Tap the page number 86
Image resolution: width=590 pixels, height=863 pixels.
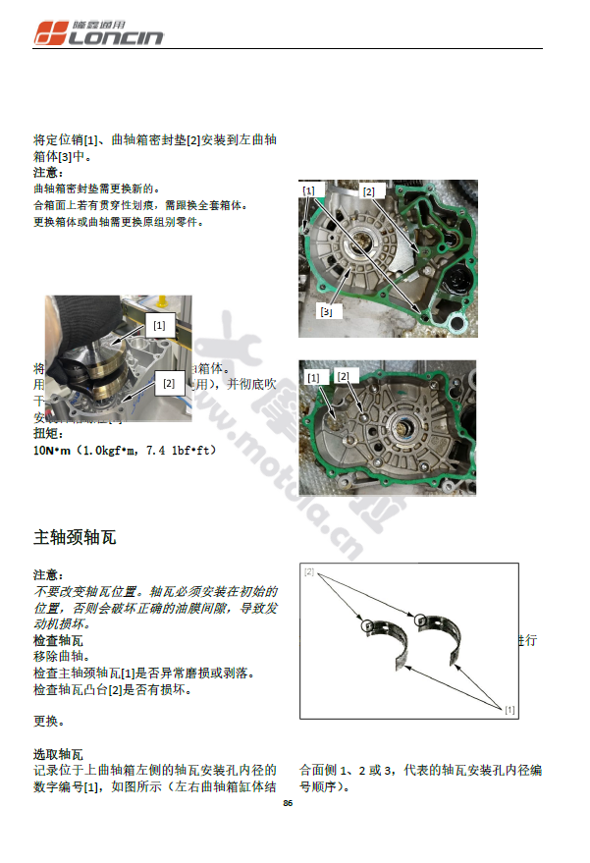(x=288, y=803)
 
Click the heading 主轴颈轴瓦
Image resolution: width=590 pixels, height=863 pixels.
(x=76, y=537)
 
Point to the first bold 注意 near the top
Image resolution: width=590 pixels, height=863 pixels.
(x=48, y=172)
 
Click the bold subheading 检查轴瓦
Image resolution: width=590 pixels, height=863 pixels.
(x=58, y=640)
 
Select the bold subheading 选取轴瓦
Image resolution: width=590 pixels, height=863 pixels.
(x=58, y=754)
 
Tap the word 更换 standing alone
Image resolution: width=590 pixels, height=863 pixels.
(x=48, y=722)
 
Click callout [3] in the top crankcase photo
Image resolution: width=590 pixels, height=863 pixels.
(x=326, y=311)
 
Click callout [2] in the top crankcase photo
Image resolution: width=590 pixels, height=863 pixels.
(x=368, y=192)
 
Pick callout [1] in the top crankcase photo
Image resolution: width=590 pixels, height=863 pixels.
(x=308, y=189)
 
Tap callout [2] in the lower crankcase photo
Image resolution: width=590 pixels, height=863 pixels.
(x=343, y=376)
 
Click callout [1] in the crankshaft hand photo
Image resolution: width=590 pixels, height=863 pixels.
(x=158, y=322)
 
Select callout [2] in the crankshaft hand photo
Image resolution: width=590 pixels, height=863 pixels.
(x=168, y=384)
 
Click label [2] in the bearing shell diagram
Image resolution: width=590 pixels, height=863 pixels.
(x=308, y=571)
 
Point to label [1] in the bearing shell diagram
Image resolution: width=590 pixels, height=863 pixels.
(x=510, y=709)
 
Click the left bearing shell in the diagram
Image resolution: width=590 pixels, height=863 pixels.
(x=384, y=648)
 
